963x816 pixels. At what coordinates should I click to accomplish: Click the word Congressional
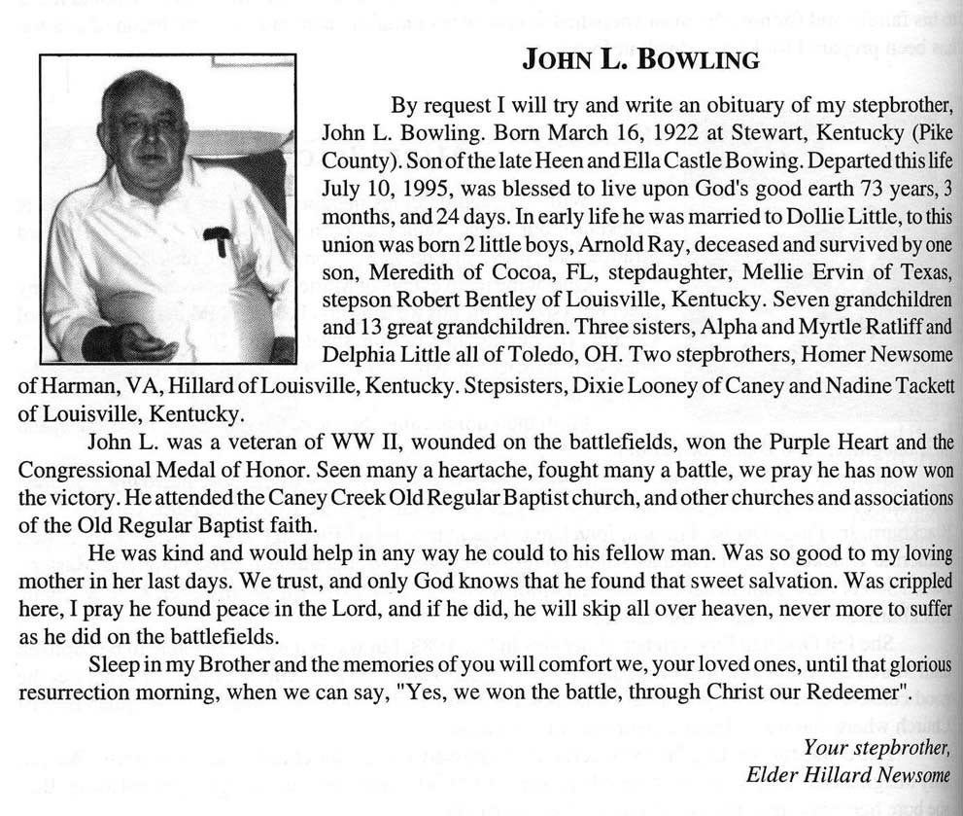pyautogui.click(x=79, y=471)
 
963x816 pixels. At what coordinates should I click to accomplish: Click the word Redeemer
pyautogui.click(x=855, y=696)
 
